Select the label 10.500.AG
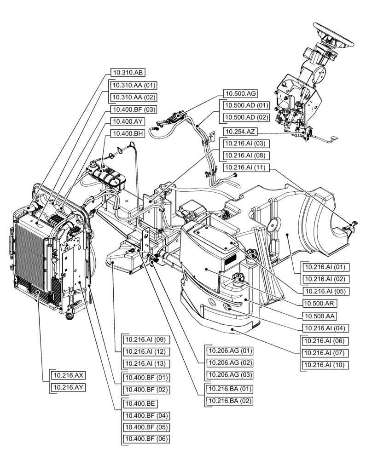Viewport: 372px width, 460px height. [240, 93]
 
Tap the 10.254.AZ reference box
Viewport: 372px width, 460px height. [239, 132]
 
